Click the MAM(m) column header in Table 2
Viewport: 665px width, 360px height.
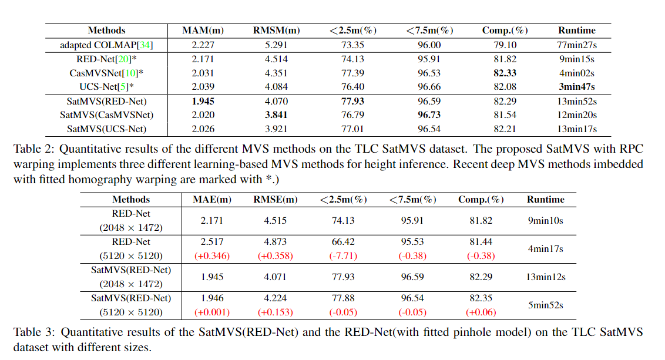pyautogui.click(x=203, y=31)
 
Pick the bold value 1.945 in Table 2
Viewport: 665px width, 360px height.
pyautogui.click(x=203, y=101)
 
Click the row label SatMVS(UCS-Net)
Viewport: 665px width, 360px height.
pyautogui.click(x=106, y=129)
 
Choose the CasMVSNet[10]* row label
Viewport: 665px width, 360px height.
pyautogui.click(x=106, y=73)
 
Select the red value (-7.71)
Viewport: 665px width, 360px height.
pyautogui.click(x=344, y=256)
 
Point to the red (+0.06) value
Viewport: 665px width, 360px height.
pyautogui.click(x=481, y=312)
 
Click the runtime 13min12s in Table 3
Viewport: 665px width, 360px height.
pyautogui.click(x=545, y=277)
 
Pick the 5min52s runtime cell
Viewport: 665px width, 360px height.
pyautogui.click(x=545, y=305)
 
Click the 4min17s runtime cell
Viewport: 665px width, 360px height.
pyautogui.click(x=545, y=249)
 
